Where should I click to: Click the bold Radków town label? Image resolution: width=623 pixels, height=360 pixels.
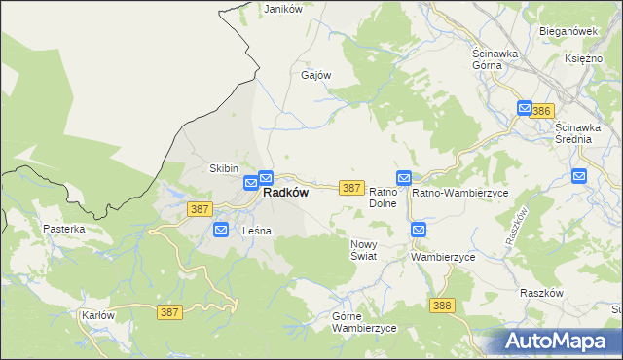pyautogui.click(x=286, y=193)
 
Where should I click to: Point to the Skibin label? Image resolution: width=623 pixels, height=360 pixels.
pyautogui.click(x=224, y=168)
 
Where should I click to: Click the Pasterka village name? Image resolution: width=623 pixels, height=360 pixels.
pyautogui.click(x=64, y=229)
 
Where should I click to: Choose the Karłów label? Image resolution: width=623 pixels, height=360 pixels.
pyautogui.click(x=98, y=315)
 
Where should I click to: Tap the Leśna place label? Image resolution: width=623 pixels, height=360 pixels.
pyautogui.click(x=256, y=231)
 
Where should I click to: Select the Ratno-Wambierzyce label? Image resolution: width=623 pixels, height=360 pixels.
pyautogui.click(x=460, y=193)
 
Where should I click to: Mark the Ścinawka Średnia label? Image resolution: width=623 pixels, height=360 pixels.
pyautogui.click(x=587, y=133)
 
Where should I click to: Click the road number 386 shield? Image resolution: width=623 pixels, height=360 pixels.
pyautogui.click(x=542, y=112)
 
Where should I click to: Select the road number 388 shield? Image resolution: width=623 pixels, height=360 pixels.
pyautogui.click(x=441, y=306)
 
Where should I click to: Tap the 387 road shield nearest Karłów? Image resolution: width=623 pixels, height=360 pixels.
pyautogui.click(x=168, y=311)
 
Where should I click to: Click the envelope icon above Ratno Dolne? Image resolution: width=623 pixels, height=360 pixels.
pyautogui.click(x=404, y=177)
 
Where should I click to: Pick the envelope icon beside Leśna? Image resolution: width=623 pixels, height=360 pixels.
pyautogui.click(x=221, y=231)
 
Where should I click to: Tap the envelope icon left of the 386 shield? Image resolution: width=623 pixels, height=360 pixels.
pyautogui.click(x=525, y=109)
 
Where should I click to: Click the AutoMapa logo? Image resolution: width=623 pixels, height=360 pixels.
pyautogui.click(x=560, y=341)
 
